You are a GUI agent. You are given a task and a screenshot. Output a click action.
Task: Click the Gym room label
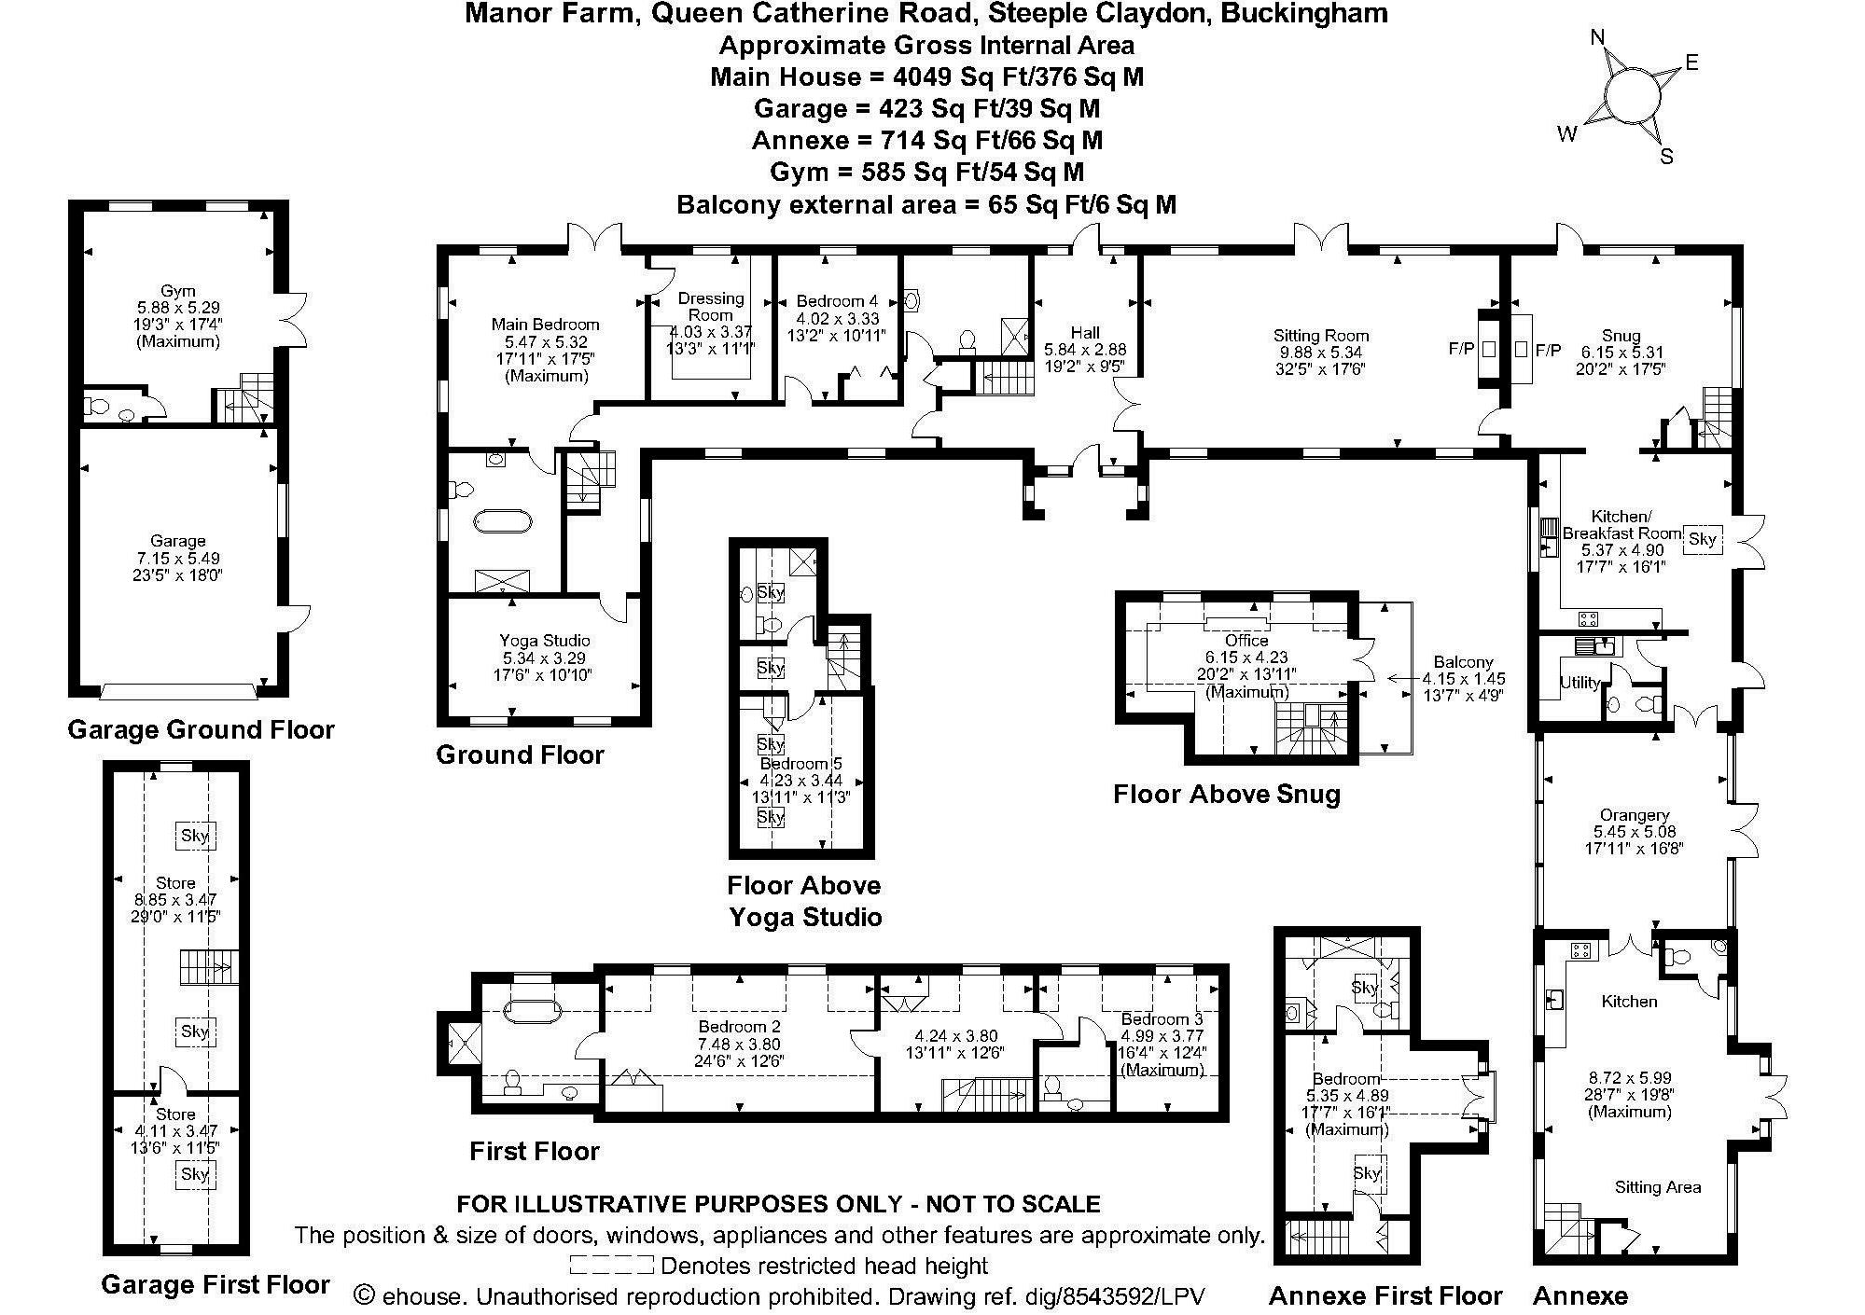[x=177, y=291]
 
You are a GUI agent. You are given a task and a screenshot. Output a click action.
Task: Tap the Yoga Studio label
[x=544, y=641]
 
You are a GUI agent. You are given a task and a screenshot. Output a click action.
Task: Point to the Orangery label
[x=1633, y=814]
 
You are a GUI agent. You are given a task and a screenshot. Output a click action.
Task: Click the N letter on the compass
[x=1597, y=37]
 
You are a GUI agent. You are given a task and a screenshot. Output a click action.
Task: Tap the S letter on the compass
[x=1666, y=157]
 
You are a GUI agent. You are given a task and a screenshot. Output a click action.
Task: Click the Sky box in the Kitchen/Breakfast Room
[x=1703, y=538]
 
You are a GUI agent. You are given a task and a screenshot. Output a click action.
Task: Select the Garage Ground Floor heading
[x=201, y=729]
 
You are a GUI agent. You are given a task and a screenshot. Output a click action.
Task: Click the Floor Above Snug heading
[x=1227, y=795]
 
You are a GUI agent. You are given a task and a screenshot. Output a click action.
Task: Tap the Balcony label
[x=1463, y=662]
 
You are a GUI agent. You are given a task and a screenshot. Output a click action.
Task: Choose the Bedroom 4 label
[x=837, y=301]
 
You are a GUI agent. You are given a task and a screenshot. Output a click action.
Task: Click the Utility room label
[x=1580, y=683]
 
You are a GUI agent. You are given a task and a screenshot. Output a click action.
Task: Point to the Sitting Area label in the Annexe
[x=1657, y=1187]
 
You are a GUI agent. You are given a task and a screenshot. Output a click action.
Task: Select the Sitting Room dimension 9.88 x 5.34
[x=1320, y=353]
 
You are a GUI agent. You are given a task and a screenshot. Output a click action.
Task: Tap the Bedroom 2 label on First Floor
[x=738, y=1027]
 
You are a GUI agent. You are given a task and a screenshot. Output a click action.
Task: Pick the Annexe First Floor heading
[x=1385, y=1296]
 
